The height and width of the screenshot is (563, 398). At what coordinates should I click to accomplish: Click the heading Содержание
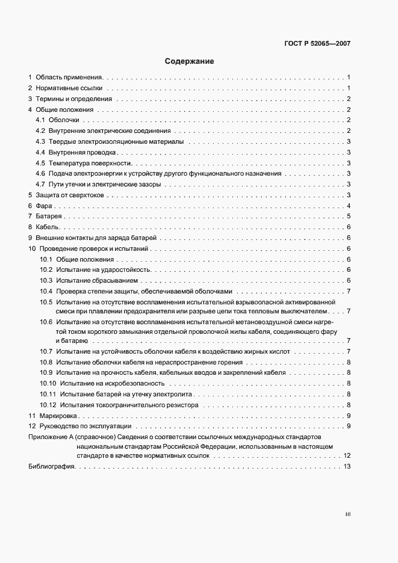[x=189, y=61]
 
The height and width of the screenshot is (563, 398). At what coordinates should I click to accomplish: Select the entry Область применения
[x=69, y=78]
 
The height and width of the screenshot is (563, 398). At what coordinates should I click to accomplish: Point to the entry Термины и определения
[x=73, y=99]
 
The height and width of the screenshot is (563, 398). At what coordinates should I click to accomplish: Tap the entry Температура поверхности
[x=90, y=163]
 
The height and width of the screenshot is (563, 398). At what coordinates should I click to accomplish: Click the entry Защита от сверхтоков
[x=70, y=195]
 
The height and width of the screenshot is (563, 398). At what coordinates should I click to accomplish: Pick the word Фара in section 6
[x=42, y=206]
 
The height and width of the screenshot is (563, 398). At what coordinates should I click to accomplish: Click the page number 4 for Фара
[x=349, y=206]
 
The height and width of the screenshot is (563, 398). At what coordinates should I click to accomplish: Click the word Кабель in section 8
[x=47, y=227]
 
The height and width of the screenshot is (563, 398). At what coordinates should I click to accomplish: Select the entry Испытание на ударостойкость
[x=99, y=269]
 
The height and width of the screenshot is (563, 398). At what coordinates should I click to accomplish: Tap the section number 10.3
[x=46, y=280]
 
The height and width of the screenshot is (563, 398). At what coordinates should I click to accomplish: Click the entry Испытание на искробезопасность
[x=111, y=383]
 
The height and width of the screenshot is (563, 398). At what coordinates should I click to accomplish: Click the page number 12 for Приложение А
[x=347, y=456]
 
